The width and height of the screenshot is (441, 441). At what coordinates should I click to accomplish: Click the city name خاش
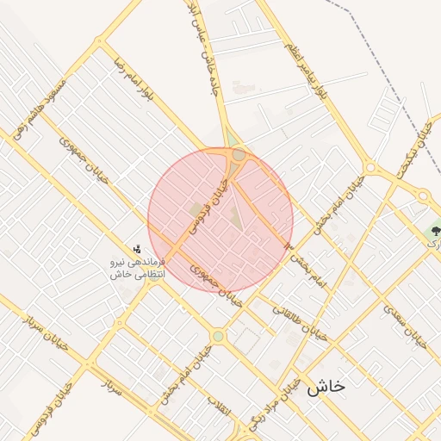(x=325, y=386)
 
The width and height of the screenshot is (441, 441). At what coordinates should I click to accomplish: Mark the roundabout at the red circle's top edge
(x=238, y=155)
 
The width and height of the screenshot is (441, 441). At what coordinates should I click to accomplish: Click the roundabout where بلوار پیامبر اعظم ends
(x=370, y=167)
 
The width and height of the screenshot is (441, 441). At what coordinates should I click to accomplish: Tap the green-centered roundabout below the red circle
(x=218, y=335)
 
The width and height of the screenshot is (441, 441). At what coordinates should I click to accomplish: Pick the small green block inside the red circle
(x=195, y=209)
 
